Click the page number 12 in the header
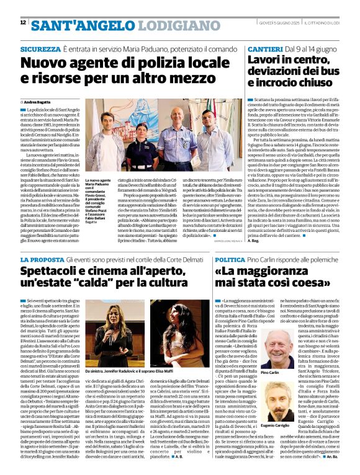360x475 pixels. click(x=24, y=22)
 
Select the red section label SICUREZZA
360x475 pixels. click(x=40, y=48)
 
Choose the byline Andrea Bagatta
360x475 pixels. click(x=40, y=101)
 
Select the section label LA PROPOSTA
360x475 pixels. click(x=43, y=259)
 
